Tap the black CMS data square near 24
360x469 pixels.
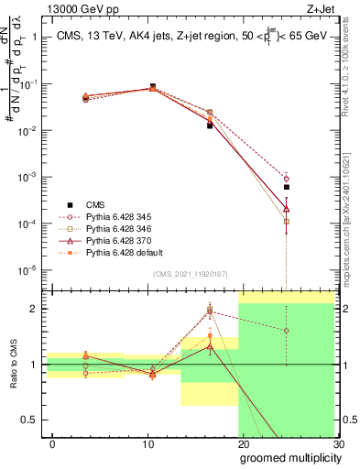click(x=287, y=187)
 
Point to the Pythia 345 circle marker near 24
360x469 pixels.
click(x=287, y=179)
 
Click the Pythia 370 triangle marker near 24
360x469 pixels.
click(x=287, y=209)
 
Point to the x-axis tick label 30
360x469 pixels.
click(x=338, y=444)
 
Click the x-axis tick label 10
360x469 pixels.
click(x=147, y=444)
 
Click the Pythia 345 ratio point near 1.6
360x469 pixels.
click(x=287, y=331)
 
